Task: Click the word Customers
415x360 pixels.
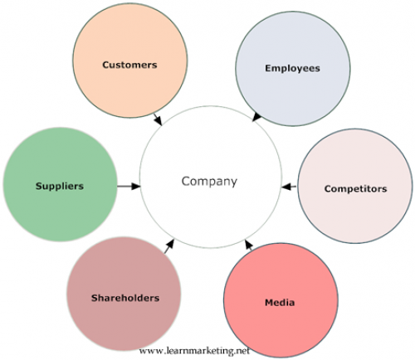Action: [x=129, y=65]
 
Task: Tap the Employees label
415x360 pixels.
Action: [x=292, y=69]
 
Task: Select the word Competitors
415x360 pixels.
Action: [x=355, y=189]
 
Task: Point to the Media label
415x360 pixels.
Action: [x=280, y=303]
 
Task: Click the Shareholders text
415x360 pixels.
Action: [x=125, y=298]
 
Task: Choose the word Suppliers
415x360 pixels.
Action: [x=60, y=186]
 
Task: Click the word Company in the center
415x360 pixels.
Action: [x=209, y=182]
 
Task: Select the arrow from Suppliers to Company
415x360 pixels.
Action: [x=129, y=186]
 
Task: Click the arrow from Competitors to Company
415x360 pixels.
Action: [x=289, y=187]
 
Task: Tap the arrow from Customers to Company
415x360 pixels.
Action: [x=158, y=119]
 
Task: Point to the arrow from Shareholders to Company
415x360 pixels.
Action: [x=169, y=246]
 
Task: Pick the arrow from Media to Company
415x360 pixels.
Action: [x=249, y=245]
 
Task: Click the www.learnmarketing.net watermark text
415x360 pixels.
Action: [x=194, y=351]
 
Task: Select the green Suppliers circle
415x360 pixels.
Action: [x=60, y=184]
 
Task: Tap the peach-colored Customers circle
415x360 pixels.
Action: [x=130, y=61]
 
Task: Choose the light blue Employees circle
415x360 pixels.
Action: [x=293, y=69]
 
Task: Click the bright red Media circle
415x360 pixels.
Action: [x=281, y=300]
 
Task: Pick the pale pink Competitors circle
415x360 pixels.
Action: [x=355, y=186]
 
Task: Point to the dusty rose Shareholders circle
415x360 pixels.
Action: [x=124, y=294]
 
